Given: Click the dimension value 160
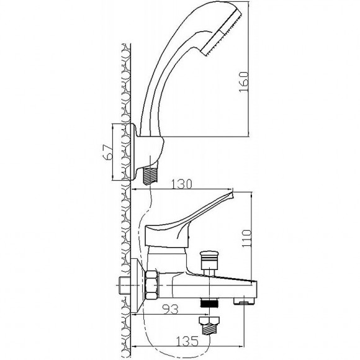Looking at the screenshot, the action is [x=244, y=82].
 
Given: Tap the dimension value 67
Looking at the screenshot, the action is [x=107, y=152].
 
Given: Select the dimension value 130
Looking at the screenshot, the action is [x=181, y=184].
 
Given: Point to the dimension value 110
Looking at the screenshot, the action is [x=247, y=238].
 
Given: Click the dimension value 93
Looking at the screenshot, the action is [x=170, y=309].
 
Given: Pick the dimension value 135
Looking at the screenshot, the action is [x=187, y=341].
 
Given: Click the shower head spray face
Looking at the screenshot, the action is [x=222, y=33].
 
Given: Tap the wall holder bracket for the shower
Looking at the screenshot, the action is [x=147, y=152].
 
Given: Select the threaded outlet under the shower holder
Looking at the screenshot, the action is [x=150, y=176].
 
